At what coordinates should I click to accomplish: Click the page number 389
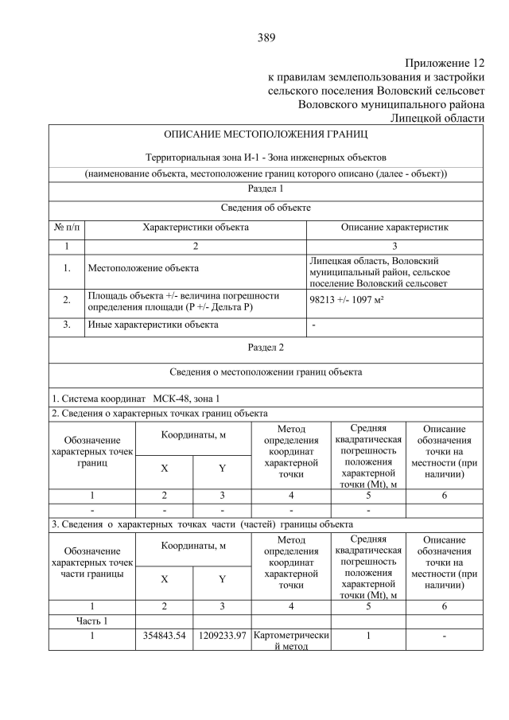(x=266, y=37)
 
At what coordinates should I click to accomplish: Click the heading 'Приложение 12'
(x=444, y=63)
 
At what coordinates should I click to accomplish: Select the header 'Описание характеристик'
(x=394, y=228)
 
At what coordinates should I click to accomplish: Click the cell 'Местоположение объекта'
(x=143, y=268)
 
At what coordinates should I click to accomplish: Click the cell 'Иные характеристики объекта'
(x=153, y=325)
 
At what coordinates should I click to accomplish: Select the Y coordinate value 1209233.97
(x=222, y=636)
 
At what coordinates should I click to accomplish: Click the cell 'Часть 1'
(x=92, y=621)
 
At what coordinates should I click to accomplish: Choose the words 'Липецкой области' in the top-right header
(x=437, y=118)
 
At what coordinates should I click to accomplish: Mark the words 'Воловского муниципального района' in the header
(x=390, y=103)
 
